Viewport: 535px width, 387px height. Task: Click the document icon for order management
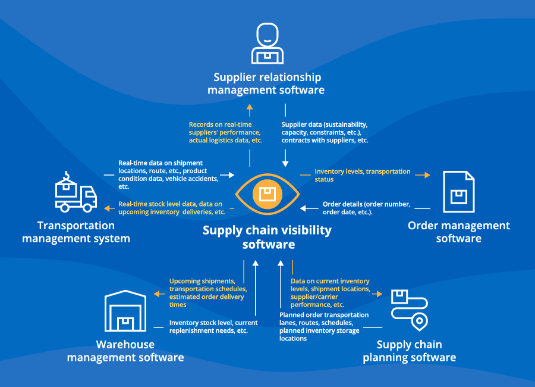[458, 192]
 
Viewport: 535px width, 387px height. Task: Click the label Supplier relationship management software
[267, 83]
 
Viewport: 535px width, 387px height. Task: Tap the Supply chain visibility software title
[267, 237]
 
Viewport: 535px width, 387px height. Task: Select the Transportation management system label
[75, 232]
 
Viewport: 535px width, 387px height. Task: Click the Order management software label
[458, 232]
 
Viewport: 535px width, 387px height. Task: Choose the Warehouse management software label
[125, 351]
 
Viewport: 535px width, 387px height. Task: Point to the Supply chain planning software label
[410, 351]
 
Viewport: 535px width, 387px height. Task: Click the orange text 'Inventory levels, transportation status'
[362, 175]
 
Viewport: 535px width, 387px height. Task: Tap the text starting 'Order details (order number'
[366, 208]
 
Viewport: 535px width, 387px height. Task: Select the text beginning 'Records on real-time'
[225, 132]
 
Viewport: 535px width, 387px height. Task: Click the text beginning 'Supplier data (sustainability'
[325, 132]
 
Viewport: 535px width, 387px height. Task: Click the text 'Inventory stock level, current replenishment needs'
[213, 326]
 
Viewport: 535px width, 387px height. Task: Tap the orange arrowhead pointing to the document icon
[427, 175]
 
